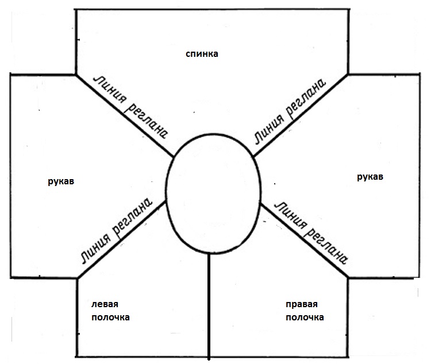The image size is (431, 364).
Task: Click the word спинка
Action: coord(202,53)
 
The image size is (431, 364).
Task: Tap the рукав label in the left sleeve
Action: coord(61,181)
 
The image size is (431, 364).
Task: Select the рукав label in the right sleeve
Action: coord(370,177)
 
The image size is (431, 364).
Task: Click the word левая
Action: coord(105,304)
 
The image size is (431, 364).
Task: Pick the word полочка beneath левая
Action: coord(110,317)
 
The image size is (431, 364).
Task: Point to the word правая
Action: coord(302,304)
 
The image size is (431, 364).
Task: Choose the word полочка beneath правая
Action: coord(305,317)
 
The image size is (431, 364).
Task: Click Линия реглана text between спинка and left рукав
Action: coord(130,107)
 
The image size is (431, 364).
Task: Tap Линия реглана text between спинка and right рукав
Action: coord(290,111)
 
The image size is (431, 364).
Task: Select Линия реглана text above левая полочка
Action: coord(117,231)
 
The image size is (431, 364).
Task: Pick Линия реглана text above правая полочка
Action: coord(311,233)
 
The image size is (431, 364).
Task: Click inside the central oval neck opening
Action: coord(213,193)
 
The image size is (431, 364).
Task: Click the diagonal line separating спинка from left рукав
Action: coord(125,115)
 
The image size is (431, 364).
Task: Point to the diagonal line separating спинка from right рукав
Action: coord(301,115)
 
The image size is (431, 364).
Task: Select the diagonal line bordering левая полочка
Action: coord(122,239)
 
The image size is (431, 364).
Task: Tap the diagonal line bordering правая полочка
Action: coord(304,241)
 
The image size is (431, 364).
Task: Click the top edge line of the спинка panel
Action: coord(212,10)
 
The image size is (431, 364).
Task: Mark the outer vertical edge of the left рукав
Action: coord(11,176)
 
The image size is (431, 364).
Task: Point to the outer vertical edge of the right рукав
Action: coord(420,176)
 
